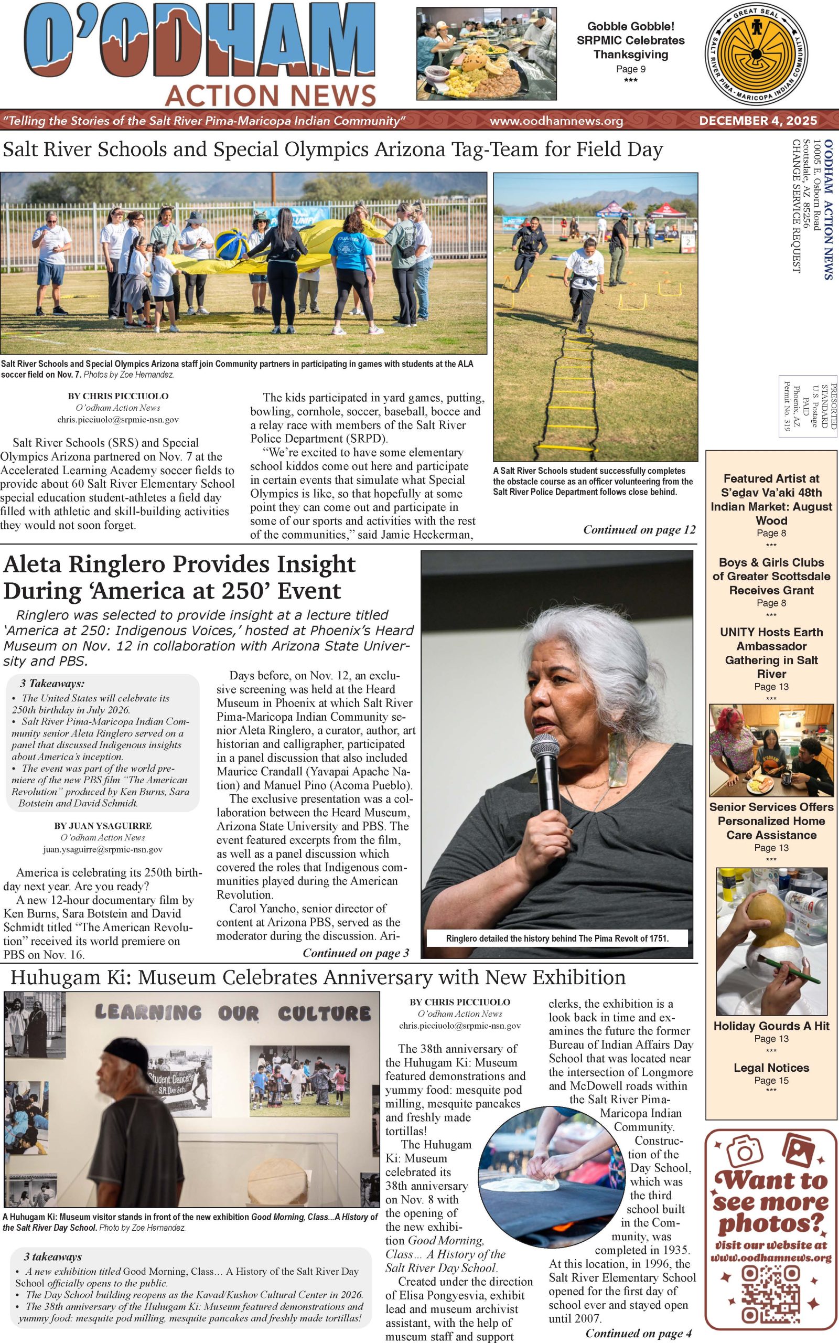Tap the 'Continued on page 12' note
[x=639, y=529]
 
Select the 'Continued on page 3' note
[x=356, y=953]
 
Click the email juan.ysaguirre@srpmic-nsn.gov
[x=103, y=849]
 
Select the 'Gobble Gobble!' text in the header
[x=630, y=26]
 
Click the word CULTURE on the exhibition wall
[x=324, y=1014]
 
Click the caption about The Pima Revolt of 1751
[x=556, y=939]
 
